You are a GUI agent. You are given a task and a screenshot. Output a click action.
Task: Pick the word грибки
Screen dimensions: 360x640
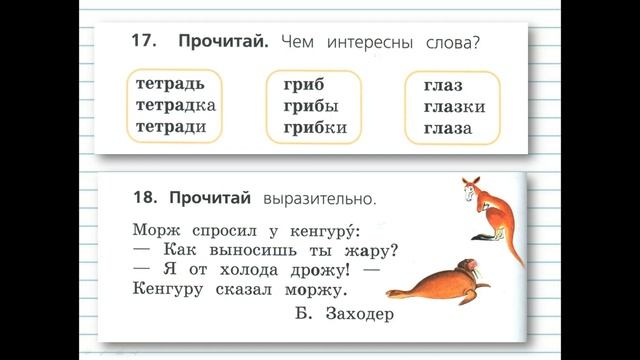click(x=315, y=128)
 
